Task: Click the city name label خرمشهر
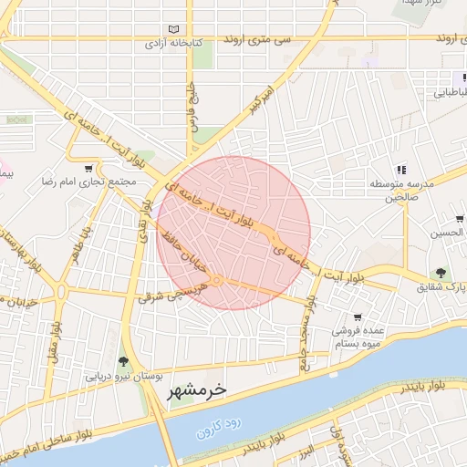click(196, 391)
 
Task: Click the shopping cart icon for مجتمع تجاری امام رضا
click(88, 168)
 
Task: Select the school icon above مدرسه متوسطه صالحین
click(400, 169)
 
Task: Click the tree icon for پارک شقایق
click(441, 273)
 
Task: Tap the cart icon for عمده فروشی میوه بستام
click(358, 317)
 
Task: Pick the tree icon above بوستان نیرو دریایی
click(123, 361)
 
